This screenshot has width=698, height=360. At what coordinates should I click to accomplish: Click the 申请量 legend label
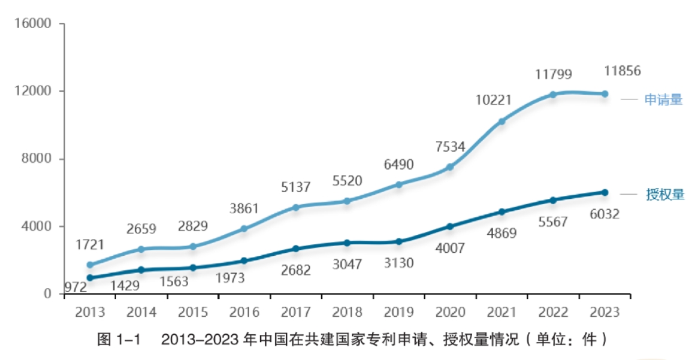point(663,99)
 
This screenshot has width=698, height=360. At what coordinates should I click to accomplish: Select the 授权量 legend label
point(664,195)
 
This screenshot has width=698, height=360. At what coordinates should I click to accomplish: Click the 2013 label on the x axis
point(90,312)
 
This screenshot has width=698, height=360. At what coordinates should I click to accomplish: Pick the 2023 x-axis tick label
point(605,312)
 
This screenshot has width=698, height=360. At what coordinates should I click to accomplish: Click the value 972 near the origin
point(75,287)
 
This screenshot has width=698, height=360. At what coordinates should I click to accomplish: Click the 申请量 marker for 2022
point(553,95)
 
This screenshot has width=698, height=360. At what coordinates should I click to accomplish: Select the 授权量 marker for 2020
point(450,226)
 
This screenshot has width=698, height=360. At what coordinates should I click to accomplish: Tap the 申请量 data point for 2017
point(296,207)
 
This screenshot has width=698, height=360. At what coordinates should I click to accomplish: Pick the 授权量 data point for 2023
point(605,192)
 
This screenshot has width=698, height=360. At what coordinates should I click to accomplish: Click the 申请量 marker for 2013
point(90,265)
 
